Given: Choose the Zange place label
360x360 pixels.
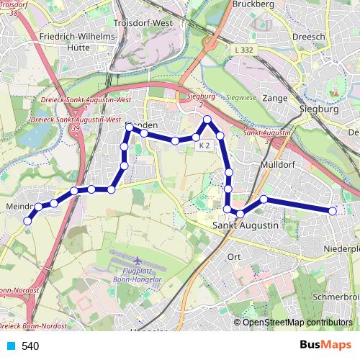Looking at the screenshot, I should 276,97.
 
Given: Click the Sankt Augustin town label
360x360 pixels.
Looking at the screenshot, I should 246,226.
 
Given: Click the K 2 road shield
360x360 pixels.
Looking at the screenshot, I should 204,145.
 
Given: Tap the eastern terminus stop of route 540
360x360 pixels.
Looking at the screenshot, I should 333,211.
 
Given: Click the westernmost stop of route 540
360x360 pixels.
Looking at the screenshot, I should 28,221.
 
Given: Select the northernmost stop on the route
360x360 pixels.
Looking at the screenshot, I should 207,120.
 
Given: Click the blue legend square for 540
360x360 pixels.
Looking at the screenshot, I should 11,346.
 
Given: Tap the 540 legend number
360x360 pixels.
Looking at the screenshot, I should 30,346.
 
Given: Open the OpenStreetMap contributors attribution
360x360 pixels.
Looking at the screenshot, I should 297,322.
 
